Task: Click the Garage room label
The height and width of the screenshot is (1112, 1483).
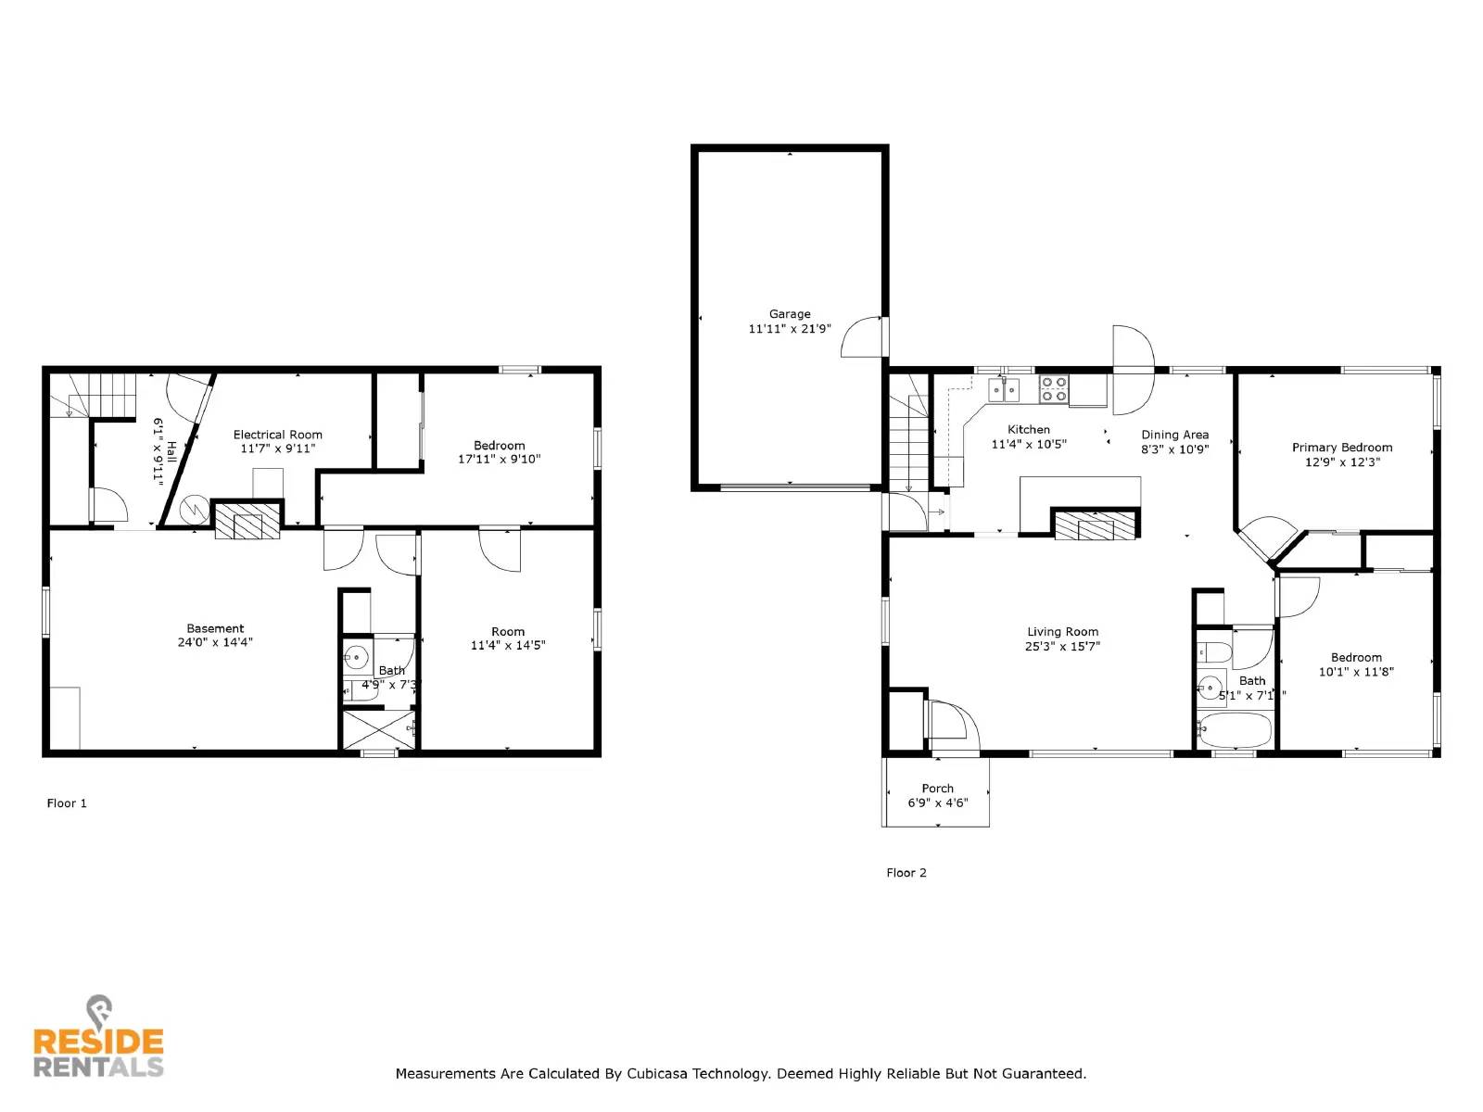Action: point(790,314)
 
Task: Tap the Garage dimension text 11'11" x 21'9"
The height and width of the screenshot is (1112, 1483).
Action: point(790,329)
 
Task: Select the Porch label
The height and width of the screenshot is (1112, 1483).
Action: point(937,789)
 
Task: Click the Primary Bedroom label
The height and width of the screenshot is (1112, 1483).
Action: point(1341,448)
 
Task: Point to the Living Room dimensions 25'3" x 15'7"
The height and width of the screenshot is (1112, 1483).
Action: point(1062,647)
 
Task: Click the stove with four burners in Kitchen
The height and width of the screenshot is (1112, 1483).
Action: point(1053,388)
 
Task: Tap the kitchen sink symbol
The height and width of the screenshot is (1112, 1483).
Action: point(1003,389)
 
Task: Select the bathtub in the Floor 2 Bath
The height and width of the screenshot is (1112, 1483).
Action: point(1235,731)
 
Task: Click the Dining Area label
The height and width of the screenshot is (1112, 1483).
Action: point(1174,435)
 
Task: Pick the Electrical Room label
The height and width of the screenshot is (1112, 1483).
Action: point(277,435)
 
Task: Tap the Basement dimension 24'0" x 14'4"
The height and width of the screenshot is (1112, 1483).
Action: point(215,642)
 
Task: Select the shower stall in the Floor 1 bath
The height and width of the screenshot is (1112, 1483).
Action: point(378,728)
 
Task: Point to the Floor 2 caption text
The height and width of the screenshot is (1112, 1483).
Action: point(906,873)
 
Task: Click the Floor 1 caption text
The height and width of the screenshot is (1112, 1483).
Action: point(67,803)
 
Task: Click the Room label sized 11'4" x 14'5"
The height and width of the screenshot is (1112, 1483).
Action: point(507,632)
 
